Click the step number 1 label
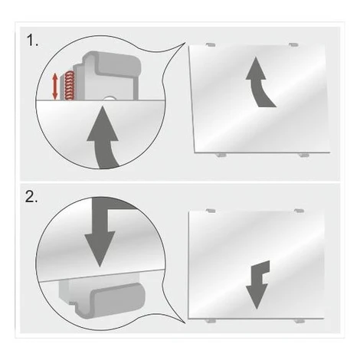[32, 41]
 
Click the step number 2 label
[31, 197]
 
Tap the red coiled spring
[69, 85]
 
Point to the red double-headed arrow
[55, 87]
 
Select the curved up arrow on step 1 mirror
[258, 83]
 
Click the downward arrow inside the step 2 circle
[100, 232]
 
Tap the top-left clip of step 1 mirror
[211, 44]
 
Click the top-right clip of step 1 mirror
[293, 44]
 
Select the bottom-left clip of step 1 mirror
[221, 155]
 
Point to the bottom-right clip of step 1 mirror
[304, 155]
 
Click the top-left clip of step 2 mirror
[211, 211]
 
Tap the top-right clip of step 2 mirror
[299, 211]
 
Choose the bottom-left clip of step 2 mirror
[211, 321]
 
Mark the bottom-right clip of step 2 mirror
[299, 321]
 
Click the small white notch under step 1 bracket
[110, 98]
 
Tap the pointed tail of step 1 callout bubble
[185, 43]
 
